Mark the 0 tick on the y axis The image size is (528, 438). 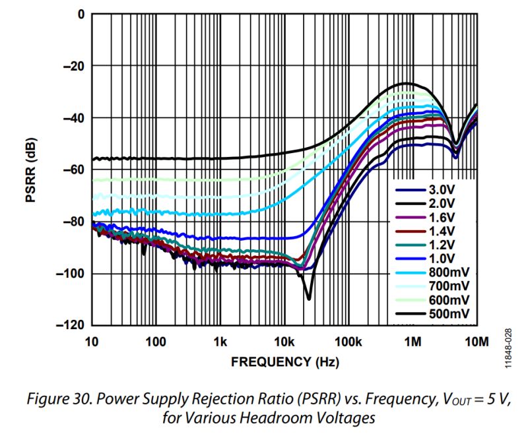tap(81, 14)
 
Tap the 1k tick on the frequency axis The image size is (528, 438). tap(220, 341)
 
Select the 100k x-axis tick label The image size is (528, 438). tap(349, 341)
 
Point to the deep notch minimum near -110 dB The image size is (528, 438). tap(308, 298)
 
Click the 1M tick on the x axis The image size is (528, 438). tap(412, 341)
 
